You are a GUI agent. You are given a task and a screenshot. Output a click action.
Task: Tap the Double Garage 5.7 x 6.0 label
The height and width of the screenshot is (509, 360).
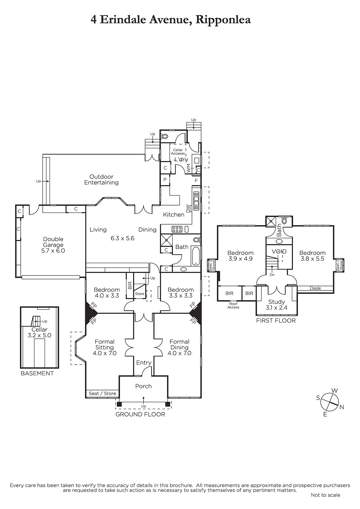[53, 245]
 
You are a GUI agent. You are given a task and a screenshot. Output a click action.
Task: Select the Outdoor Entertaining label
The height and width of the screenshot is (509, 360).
[101, 179]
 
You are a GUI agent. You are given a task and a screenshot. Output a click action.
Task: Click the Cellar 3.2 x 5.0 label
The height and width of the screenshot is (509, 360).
[39, 332]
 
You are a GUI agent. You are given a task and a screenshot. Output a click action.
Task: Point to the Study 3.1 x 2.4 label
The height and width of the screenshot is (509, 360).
[277, 305]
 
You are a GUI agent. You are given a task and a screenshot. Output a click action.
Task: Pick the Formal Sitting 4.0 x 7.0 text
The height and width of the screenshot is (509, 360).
[104, 347]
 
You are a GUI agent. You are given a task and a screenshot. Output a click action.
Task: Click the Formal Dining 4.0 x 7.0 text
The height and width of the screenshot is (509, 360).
[180, 347]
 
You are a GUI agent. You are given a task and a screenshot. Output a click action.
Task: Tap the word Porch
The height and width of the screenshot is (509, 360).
[143, 386]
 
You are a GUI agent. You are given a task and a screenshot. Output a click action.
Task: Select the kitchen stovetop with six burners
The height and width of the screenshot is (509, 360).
[177, 229]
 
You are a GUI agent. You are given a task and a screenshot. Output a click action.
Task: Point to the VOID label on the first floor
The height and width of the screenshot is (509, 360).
[279, 252]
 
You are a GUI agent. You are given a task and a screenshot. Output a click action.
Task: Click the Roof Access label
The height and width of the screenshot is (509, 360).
[234, 305]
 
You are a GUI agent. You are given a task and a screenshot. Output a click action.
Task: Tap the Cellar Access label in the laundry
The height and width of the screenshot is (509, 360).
[178, 151]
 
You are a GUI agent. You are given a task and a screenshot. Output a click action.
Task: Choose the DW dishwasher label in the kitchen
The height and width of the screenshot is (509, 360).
[188, 208]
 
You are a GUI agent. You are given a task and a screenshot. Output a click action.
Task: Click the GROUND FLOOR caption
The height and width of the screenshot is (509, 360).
[140, 414]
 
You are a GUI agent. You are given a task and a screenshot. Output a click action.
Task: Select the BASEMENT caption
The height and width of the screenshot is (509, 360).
[37, 373]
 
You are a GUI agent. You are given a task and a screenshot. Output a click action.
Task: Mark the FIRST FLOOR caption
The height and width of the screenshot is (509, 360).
[276, 321]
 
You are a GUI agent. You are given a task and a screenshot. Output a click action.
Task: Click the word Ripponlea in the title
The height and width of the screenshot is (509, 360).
[223, 20]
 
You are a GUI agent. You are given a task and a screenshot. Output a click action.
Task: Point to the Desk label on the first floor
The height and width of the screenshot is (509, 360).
[315, 288]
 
